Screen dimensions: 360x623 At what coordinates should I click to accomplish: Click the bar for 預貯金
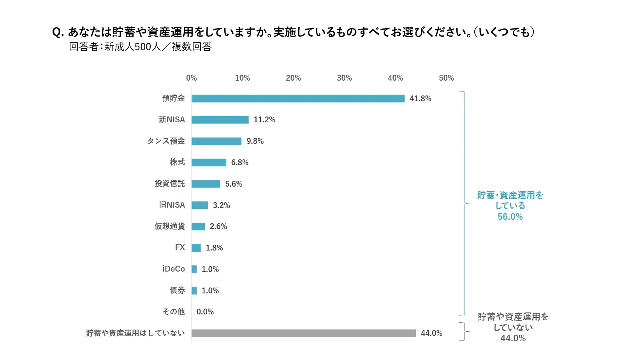pyautogui.click(x=298, y=99)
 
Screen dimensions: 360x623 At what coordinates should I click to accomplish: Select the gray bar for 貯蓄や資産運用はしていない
pyautogui.click(x=303, y=333)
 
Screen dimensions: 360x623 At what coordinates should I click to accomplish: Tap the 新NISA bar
pyautogui.click(x=220, y=120)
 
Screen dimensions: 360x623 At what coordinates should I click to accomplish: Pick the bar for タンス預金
pyautogui.click(x=216, y=141)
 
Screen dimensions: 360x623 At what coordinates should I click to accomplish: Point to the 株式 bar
pyautogui.click(x=209, y=162)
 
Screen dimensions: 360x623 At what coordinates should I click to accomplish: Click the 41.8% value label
pyautogui.click(x=420, y=99)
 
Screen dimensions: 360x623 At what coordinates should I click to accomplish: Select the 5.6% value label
pyautogui.click(x=234, y=184)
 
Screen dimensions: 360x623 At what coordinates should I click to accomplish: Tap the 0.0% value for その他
pyautogui.click(x=205, y=312)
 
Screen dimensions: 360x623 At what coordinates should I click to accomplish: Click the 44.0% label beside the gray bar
pyautogui.click(x=431, y=333)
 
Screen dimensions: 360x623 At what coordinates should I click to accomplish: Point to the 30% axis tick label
pyautogui.click(x=344, y=78)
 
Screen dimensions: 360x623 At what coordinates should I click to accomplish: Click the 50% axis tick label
pyautogui.click(x=446, y=78)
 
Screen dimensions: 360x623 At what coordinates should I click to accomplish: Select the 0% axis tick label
pyautogui.click(x=191, y=78)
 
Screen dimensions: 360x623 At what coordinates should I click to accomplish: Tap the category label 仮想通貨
pyautogui.click(x=169, y=226)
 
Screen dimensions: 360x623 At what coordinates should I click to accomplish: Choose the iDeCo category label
pyautogui.click(x=174, y=269)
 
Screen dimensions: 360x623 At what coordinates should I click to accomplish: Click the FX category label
pyautogui.click(x=180, y=247)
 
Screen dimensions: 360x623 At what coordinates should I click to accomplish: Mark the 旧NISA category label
pyautogui.click(x=172, y=205)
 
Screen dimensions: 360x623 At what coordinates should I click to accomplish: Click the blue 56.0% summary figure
pyautogui.click(x=510, y=217)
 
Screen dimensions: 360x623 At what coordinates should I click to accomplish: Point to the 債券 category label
pyautogui.click(x=177, y=290)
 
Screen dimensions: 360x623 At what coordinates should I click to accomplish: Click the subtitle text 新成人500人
pyautogui.click(x=132, y=47)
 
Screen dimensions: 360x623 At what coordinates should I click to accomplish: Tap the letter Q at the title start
pyautogui.click(x=57, y=32)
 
